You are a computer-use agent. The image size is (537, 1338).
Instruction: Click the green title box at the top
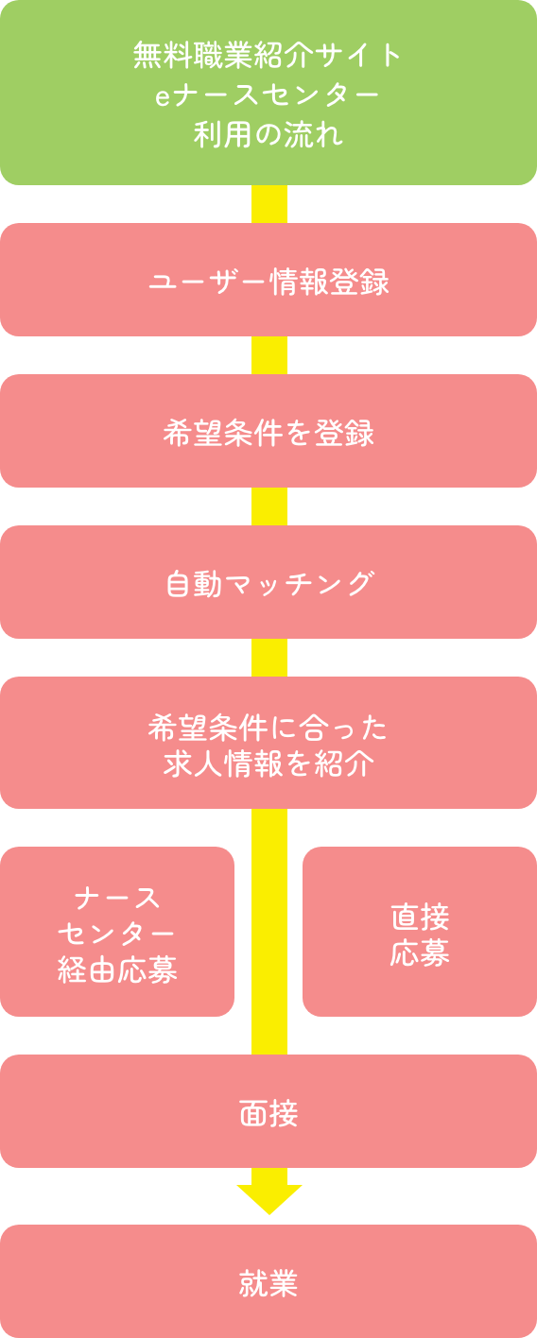click(268, 93)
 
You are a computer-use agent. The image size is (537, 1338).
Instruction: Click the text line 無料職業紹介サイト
click(267, 55)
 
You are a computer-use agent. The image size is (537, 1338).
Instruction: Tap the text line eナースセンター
click(267, 95)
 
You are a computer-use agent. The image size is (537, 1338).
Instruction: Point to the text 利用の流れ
click(268, 134)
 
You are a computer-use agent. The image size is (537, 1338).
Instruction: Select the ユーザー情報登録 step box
click(268, 280)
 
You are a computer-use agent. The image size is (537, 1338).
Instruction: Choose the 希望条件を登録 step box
click(268, 431)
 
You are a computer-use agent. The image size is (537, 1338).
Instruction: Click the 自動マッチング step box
click(268, 582)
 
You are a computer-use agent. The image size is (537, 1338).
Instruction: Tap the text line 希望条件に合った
click(268, 729)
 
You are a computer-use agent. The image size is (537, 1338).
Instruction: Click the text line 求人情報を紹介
click(268, 764)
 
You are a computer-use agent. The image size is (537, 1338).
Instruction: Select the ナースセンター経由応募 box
click(117, 932)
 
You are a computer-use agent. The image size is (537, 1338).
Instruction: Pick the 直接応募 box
click(420, 932)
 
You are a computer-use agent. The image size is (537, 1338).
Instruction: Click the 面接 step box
click(268, 1111)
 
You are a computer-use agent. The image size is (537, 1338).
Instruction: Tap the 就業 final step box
click(268, 1281)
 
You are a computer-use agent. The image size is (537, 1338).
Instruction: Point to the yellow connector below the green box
click(269, 204)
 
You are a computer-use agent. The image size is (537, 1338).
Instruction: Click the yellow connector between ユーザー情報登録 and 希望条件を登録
click(269, 355)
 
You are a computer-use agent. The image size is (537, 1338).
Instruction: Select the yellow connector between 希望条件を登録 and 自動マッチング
click(269, 506)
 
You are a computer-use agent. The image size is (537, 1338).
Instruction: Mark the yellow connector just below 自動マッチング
click(269, 658)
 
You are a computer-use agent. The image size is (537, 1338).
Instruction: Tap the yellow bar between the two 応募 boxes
click(269, 932)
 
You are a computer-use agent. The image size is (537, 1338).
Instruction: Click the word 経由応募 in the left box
click(117, 969)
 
